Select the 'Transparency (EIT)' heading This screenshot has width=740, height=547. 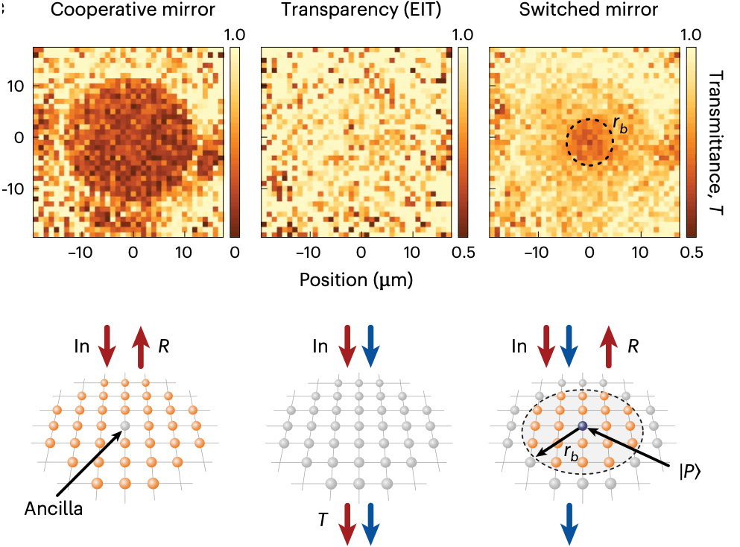click(355, 11)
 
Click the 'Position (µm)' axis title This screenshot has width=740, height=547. click(355, 279)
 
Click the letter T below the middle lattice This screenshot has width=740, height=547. click(322, 519)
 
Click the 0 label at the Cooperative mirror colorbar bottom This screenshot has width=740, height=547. click(235, 252)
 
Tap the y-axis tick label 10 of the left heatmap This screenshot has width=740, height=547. click(16, 86)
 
